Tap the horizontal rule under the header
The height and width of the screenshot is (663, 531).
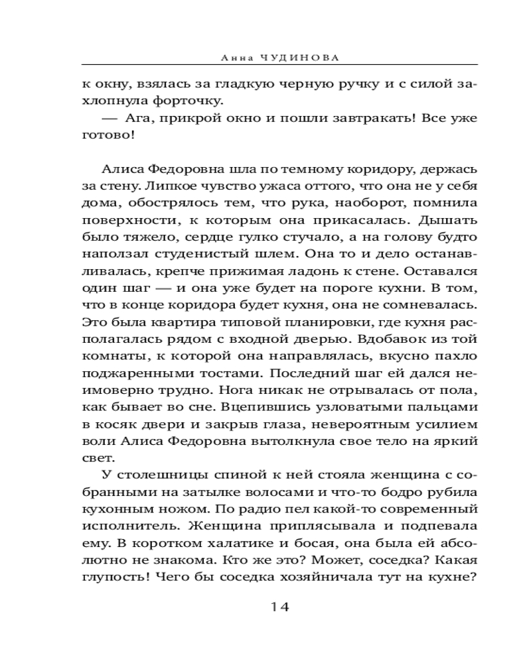tap(279, 65)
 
